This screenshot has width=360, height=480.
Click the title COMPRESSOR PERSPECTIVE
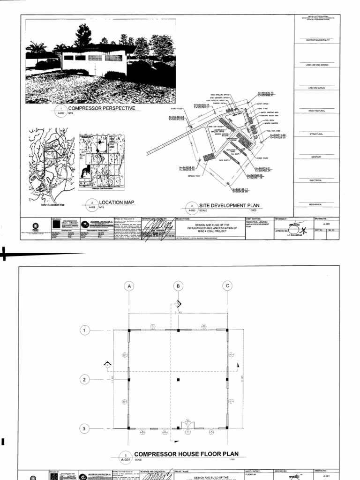pyautogui.click(x=101, y=108)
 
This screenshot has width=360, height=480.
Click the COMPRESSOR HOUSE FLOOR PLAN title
pyautogui.click(x=187, y=454)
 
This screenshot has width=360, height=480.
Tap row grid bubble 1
pyautogui.click(x=85, y=330)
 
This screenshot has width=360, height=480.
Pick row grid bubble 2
pyautogui.click(x=85, y=379)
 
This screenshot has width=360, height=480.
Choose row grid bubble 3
pyautogui.click(x=85, y=428)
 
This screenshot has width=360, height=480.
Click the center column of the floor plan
pyautogui.click(x=178, y=379)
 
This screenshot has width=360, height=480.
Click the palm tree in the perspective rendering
pyautogui.click(x=37, y=48)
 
